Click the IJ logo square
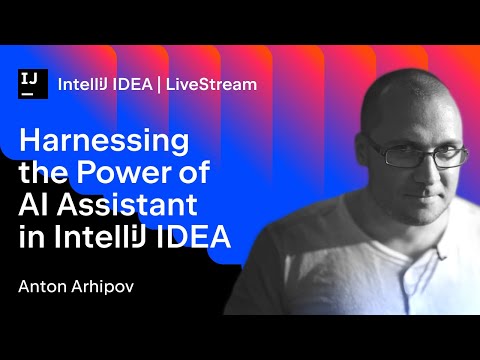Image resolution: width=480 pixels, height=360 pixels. [34, 84]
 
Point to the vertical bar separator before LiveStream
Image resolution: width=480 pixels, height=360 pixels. [166, 84]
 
